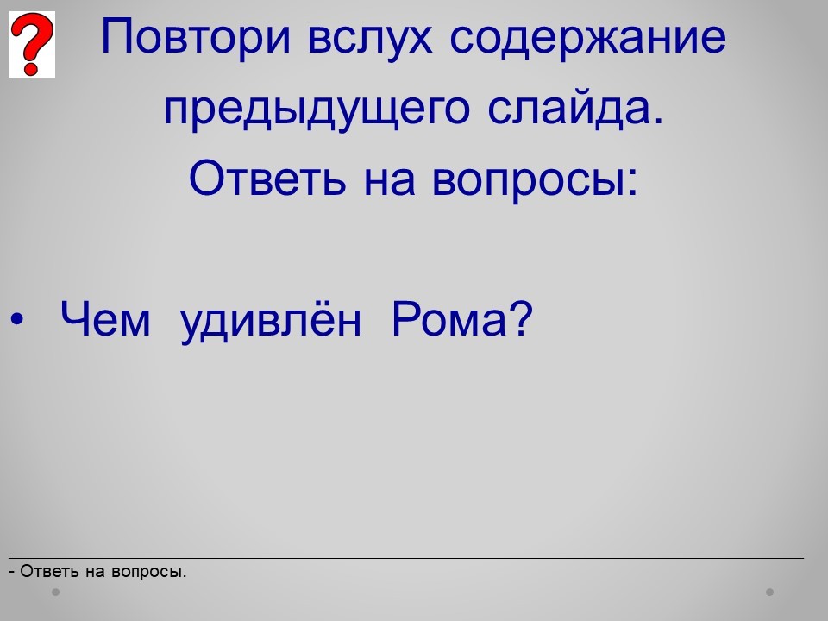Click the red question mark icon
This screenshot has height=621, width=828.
point(32,44)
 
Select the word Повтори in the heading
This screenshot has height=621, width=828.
point(196,38)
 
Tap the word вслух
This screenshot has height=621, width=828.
point(370,38)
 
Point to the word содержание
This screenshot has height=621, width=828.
point(587,38)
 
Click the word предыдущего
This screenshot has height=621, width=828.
point(317,110)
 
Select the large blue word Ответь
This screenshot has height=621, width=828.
point(267,177)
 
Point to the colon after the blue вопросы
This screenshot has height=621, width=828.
point(632,182)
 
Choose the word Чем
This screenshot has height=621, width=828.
point(105,319)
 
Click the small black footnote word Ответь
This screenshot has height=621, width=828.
point(50,571)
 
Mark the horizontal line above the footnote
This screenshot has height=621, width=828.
point(406,558)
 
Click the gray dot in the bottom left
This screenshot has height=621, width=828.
point(55,592)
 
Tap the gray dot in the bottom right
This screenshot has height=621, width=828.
point(770,592)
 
